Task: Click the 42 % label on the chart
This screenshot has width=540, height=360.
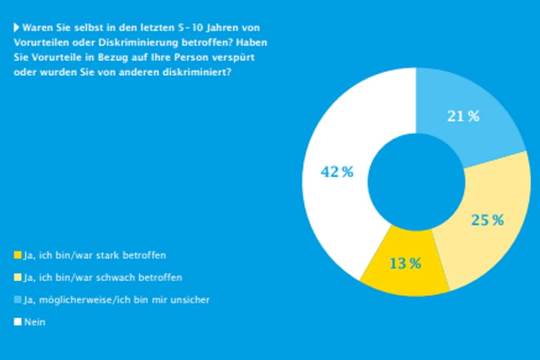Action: pos(337,172)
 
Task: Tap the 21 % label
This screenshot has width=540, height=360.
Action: pos(463,116)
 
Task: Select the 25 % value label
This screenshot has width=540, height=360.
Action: pos(487,220)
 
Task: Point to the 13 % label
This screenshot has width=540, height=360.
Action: pos(405,263)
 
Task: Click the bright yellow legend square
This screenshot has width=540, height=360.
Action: pos(17,254)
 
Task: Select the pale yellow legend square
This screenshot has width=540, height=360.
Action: pos(17,277)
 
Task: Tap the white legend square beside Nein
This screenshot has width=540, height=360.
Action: pos(17,322)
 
